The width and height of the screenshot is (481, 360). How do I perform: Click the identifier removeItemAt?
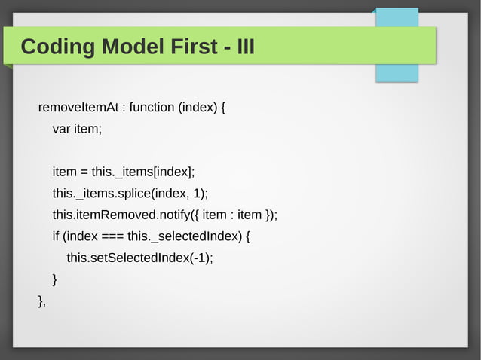tap(78, 107)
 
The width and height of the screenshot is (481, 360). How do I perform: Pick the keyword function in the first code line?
tap(152, 107)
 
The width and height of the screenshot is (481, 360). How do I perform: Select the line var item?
tap(76, 129)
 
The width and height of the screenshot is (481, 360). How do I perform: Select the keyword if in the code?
tap(56, 236)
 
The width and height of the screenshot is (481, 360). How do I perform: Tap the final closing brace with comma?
tap(42, 301)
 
